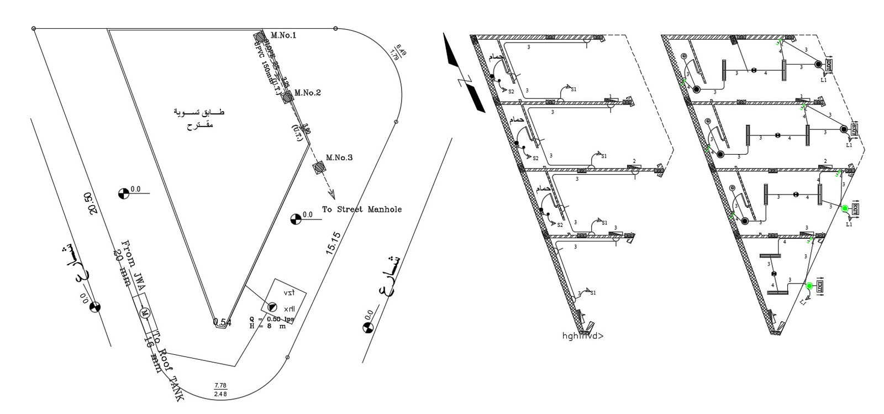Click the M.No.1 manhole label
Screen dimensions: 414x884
click(x=283, y=36)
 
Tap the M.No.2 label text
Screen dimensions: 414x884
click(x=308, y=93)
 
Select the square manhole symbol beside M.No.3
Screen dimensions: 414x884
click(x=319, y=167)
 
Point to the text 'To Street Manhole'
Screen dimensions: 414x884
click(x=362, y=209)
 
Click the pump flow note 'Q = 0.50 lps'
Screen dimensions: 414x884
click(x=271, y=319)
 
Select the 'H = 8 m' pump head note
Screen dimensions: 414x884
click(x=267, y=326)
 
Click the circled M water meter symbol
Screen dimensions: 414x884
click(x=145, y=313)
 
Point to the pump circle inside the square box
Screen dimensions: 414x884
click(x=272, y=307)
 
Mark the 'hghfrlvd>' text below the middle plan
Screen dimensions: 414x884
click(x=583, y=336)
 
